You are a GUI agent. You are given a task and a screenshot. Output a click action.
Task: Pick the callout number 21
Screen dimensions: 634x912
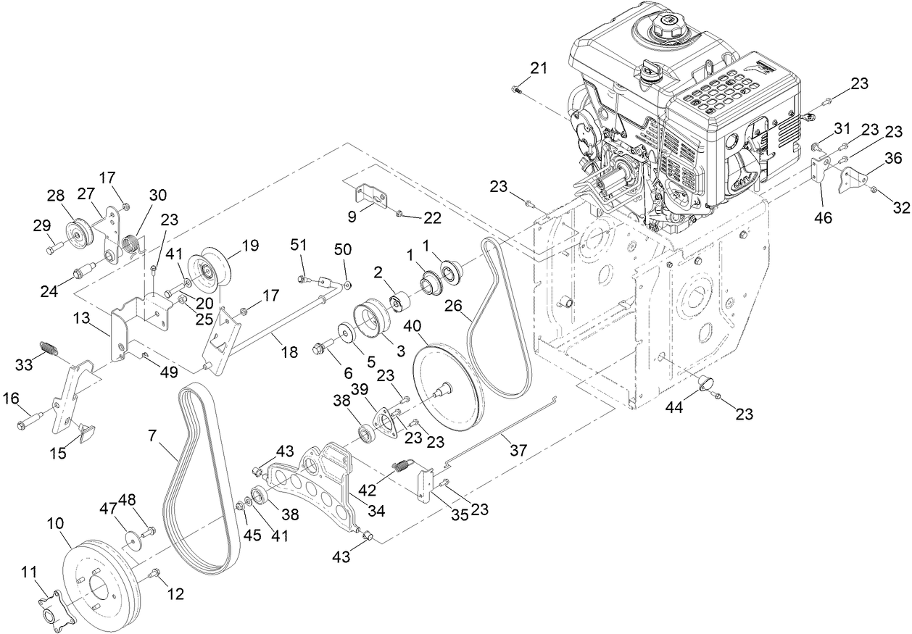click(x=538, y=69)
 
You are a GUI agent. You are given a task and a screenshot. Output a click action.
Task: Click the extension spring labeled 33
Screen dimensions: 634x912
click(x=47, y=347)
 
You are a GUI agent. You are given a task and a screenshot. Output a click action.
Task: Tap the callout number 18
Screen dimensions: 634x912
click(x=289, y=353)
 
